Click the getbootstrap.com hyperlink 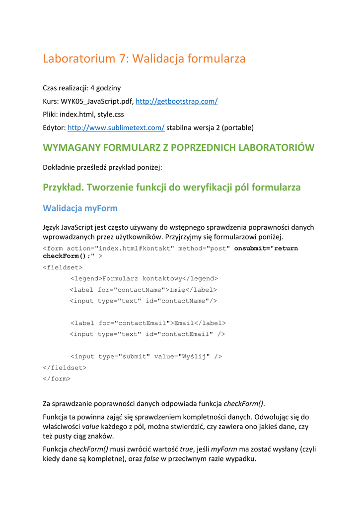coord(176,101)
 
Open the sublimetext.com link coord(116,127)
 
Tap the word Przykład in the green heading coord(62,187)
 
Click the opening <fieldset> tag coord(63,267)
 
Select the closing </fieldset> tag coord(65,368)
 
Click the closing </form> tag coord(57,379)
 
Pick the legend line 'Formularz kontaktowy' coord(144,278)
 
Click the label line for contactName coord(143,290)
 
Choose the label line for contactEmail coord(148,323)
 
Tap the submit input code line coord(146,356)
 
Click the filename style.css coord(111,114)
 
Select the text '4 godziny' coord(105,88)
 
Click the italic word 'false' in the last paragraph coord(151,459)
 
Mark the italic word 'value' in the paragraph coord(90,427)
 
